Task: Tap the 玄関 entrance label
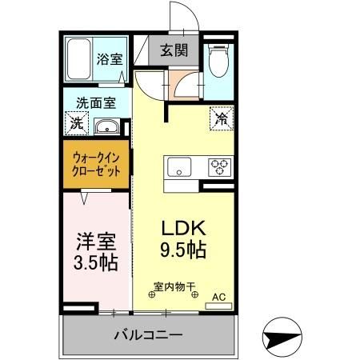174,50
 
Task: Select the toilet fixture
218,60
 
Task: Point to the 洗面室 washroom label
96,102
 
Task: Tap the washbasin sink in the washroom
106,127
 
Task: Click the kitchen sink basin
178,167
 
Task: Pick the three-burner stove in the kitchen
218,167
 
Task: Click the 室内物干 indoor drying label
174,286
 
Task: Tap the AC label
218,298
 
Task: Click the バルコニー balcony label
148,335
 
